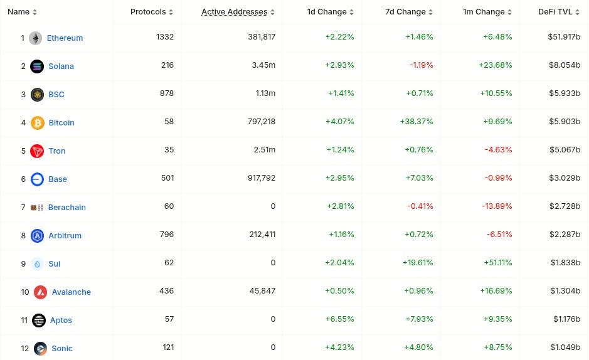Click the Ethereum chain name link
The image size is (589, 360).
[65, 38]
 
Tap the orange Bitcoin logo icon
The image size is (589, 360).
[38, 122]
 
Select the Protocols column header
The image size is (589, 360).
[148, 12]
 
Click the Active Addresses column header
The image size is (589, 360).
[234, 12]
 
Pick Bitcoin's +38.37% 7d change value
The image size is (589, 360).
[417, 122]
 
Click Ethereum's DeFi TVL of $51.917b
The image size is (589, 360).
[563, 37]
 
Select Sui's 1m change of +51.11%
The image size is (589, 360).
[497, 263]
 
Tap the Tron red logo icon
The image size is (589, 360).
[38, 151]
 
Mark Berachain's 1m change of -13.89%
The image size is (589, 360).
[498, 206]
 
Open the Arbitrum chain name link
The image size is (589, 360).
[65, 235]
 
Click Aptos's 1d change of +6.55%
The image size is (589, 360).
[339, 319]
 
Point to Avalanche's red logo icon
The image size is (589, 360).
[41, 292]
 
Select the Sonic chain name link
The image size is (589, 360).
[62, 348]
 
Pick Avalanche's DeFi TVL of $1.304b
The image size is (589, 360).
[565, 291]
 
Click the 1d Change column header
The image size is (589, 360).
[327, 12]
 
